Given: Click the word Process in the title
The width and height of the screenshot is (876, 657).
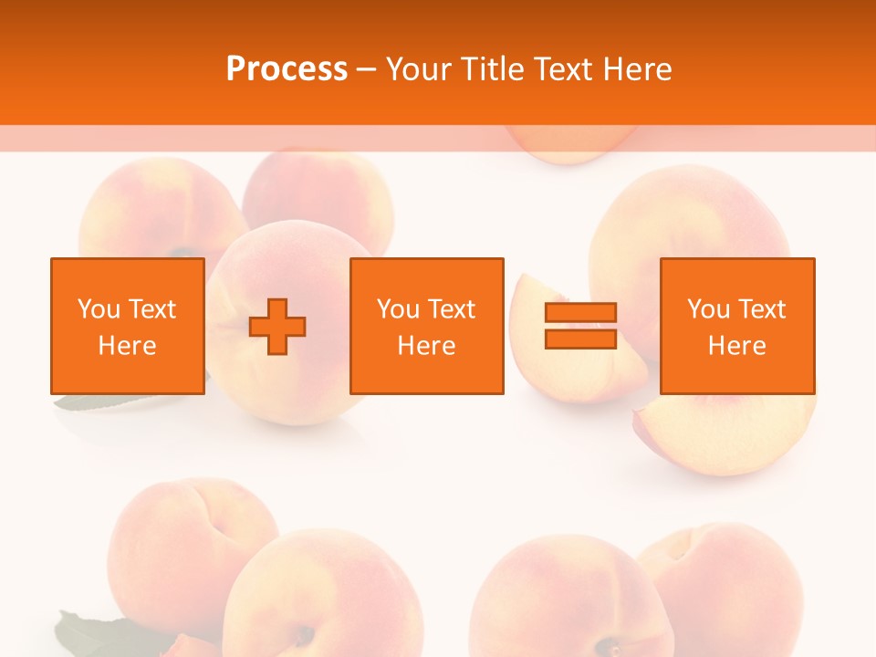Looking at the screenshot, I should (x=287, y=69).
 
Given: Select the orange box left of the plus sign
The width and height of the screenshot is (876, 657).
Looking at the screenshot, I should (x=128, y=327).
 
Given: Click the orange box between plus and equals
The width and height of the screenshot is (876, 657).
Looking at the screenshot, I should (x=427, y=327).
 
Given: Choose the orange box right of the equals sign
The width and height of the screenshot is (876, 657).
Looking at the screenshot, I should (x=737, y=327).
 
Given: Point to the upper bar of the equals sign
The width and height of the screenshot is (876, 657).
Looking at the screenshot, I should (x=580, y=313).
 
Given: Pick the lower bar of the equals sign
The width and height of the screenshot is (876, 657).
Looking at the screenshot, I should (x=580, y=339).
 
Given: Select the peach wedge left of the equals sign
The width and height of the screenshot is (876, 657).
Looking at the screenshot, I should (x=538, y=356).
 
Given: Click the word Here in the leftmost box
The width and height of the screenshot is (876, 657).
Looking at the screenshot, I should (x=128, y=346).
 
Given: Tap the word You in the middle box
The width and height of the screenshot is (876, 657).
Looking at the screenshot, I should (x=398, y=309).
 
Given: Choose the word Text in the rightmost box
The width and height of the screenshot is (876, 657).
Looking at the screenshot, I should (x=763, y=309).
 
